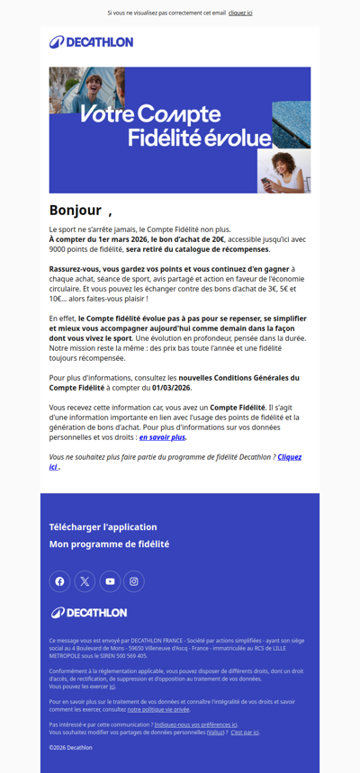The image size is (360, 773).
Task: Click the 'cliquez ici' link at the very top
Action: [x=240, y=13]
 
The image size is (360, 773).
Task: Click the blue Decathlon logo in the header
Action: [x=91, y=42]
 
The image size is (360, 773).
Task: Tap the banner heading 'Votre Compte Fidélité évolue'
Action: [x=175, y=126]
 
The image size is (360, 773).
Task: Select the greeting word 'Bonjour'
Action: [x=76, y=211]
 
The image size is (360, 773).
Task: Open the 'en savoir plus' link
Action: [x=162, y=437]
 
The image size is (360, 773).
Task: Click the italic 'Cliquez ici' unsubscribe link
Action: [x=289, y=457]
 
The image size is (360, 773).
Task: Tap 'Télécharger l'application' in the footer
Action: [x=103, y=527]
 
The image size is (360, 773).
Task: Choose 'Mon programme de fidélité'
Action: [x=109, y=544]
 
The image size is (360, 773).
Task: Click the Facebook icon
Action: [x=59, y=581]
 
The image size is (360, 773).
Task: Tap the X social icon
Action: [x=85, y=581]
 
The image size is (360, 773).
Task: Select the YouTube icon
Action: [x=110, y=581]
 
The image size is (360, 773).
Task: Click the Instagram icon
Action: [x=134, y=581]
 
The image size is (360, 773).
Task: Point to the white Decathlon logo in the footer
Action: [x=89, y=613]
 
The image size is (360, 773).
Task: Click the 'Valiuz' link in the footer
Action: [x=216, y=733]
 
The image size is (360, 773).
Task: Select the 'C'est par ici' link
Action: [x=244, y=733]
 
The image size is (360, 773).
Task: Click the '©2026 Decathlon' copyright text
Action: [x=70, y=748]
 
